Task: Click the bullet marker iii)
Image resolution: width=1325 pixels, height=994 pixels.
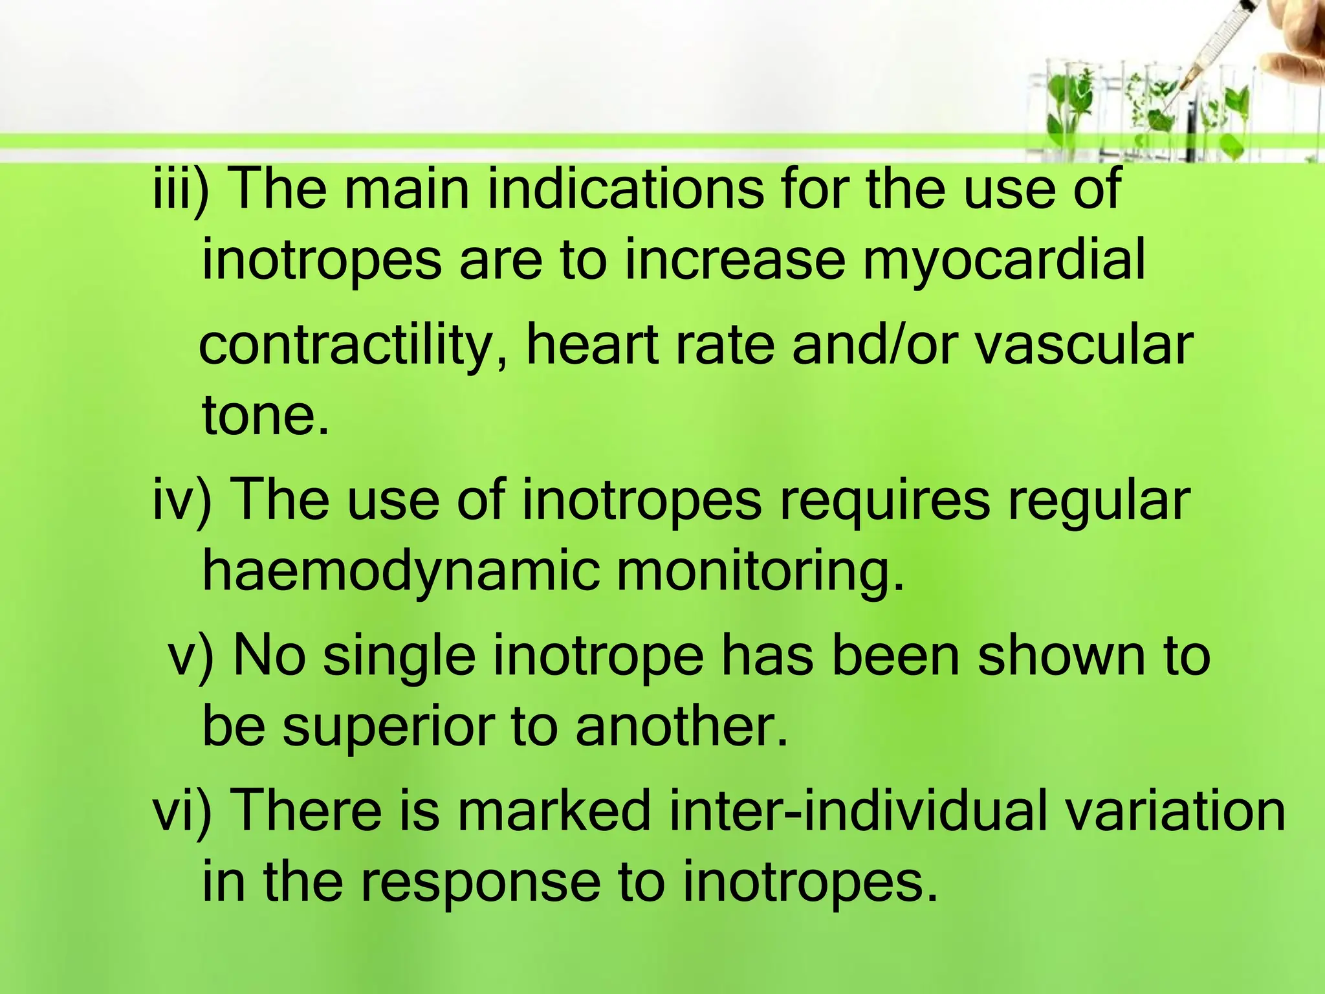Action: click(x=181, y=189)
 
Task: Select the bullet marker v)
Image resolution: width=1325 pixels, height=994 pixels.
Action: click(x=191, y=656)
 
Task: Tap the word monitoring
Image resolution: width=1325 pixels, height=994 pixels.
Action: click(x=761, y=571)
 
